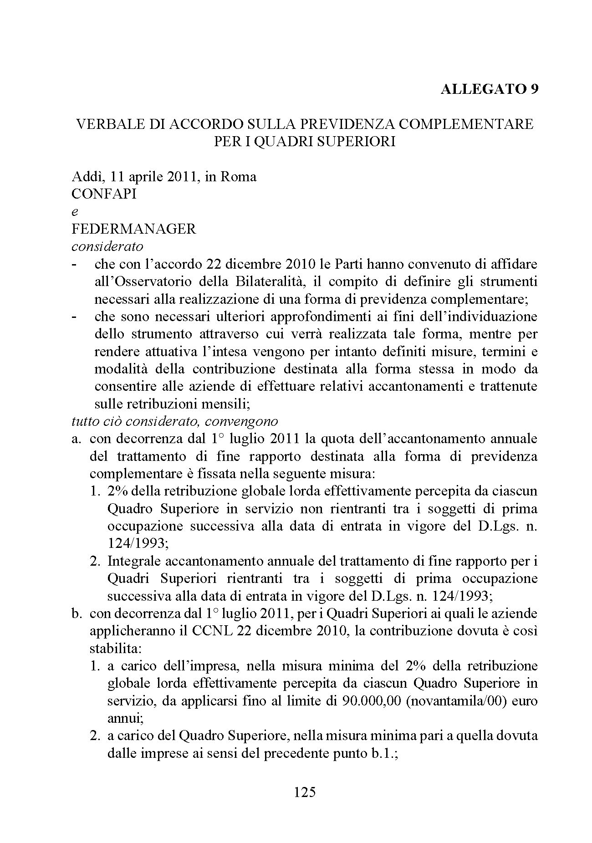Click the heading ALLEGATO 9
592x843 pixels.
click(489, 89)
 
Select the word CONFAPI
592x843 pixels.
click(104, 194)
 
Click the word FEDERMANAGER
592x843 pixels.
click(134, 229)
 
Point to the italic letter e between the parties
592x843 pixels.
click(75, 212)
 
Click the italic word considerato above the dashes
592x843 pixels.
click(107, 246)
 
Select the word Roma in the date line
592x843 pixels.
click(239, 176)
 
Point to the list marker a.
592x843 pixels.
click(77, 439)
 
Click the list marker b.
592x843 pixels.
click(77, 613)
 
